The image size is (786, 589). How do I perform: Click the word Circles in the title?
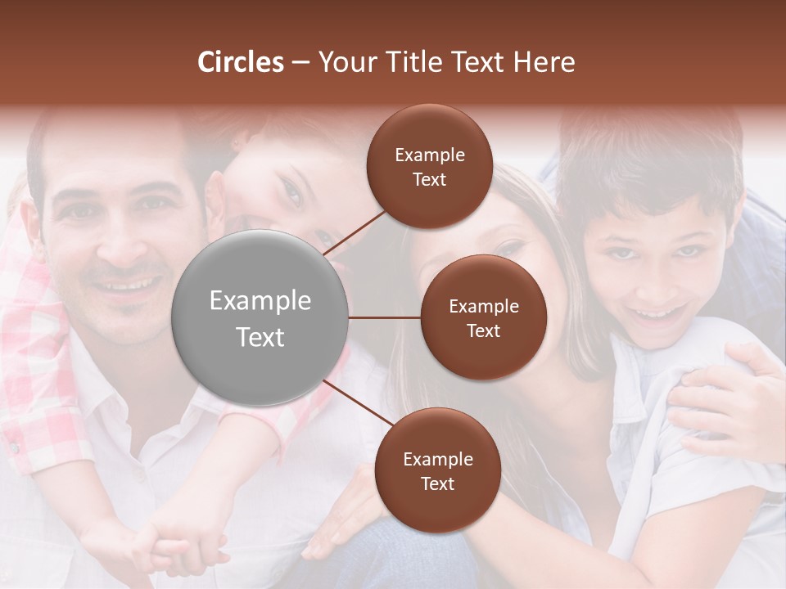point(241,62)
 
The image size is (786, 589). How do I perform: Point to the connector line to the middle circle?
point(385,317)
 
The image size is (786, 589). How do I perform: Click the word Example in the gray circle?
point(260,301)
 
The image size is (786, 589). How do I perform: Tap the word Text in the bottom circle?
point(437,483)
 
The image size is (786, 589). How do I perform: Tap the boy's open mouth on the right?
point(662,312)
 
